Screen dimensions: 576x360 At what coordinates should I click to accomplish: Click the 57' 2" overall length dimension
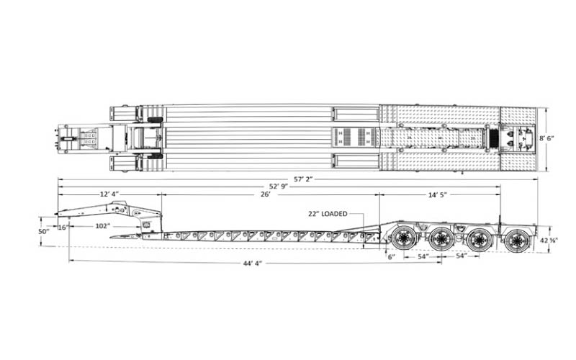tap(303, 179)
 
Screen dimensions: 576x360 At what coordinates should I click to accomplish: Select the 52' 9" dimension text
tap(279, 186)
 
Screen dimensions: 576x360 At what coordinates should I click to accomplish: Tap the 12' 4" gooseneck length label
tap(109, 194)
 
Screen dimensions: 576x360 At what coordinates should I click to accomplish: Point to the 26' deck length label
tap(266, 194)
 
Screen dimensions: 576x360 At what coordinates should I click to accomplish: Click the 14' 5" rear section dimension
tap(438, 194)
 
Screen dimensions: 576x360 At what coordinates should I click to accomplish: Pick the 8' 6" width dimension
tap(546, 138)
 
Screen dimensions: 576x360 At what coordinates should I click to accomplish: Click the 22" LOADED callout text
tap(328, 214)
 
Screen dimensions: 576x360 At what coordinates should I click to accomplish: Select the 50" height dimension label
tap(44, 231)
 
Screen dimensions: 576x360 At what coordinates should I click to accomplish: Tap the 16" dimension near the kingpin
tap(63, 227)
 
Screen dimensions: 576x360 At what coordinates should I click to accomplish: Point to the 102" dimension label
tap(103, 226)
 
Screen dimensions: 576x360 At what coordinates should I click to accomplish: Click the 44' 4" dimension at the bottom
tap(253, 263)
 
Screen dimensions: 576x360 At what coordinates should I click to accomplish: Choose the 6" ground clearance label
tap(392, 256)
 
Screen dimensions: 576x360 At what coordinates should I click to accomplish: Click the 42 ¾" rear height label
tap(549, 240)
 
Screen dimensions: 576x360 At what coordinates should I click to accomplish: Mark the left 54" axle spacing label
tap(423, 256)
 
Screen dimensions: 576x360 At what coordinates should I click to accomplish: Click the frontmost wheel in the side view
tap(404, 238)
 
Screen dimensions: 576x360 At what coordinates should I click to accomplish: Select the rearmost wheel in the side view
tap(518, 240)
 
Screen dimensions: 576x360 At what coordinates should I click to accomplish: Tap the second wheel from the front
tap(442, 239)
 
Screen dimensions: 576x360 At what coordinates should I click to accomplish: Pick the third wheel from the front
tap(479, 240)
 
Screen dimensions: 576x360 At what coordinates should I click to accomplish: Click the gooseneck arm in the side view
tap(110, 210)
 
